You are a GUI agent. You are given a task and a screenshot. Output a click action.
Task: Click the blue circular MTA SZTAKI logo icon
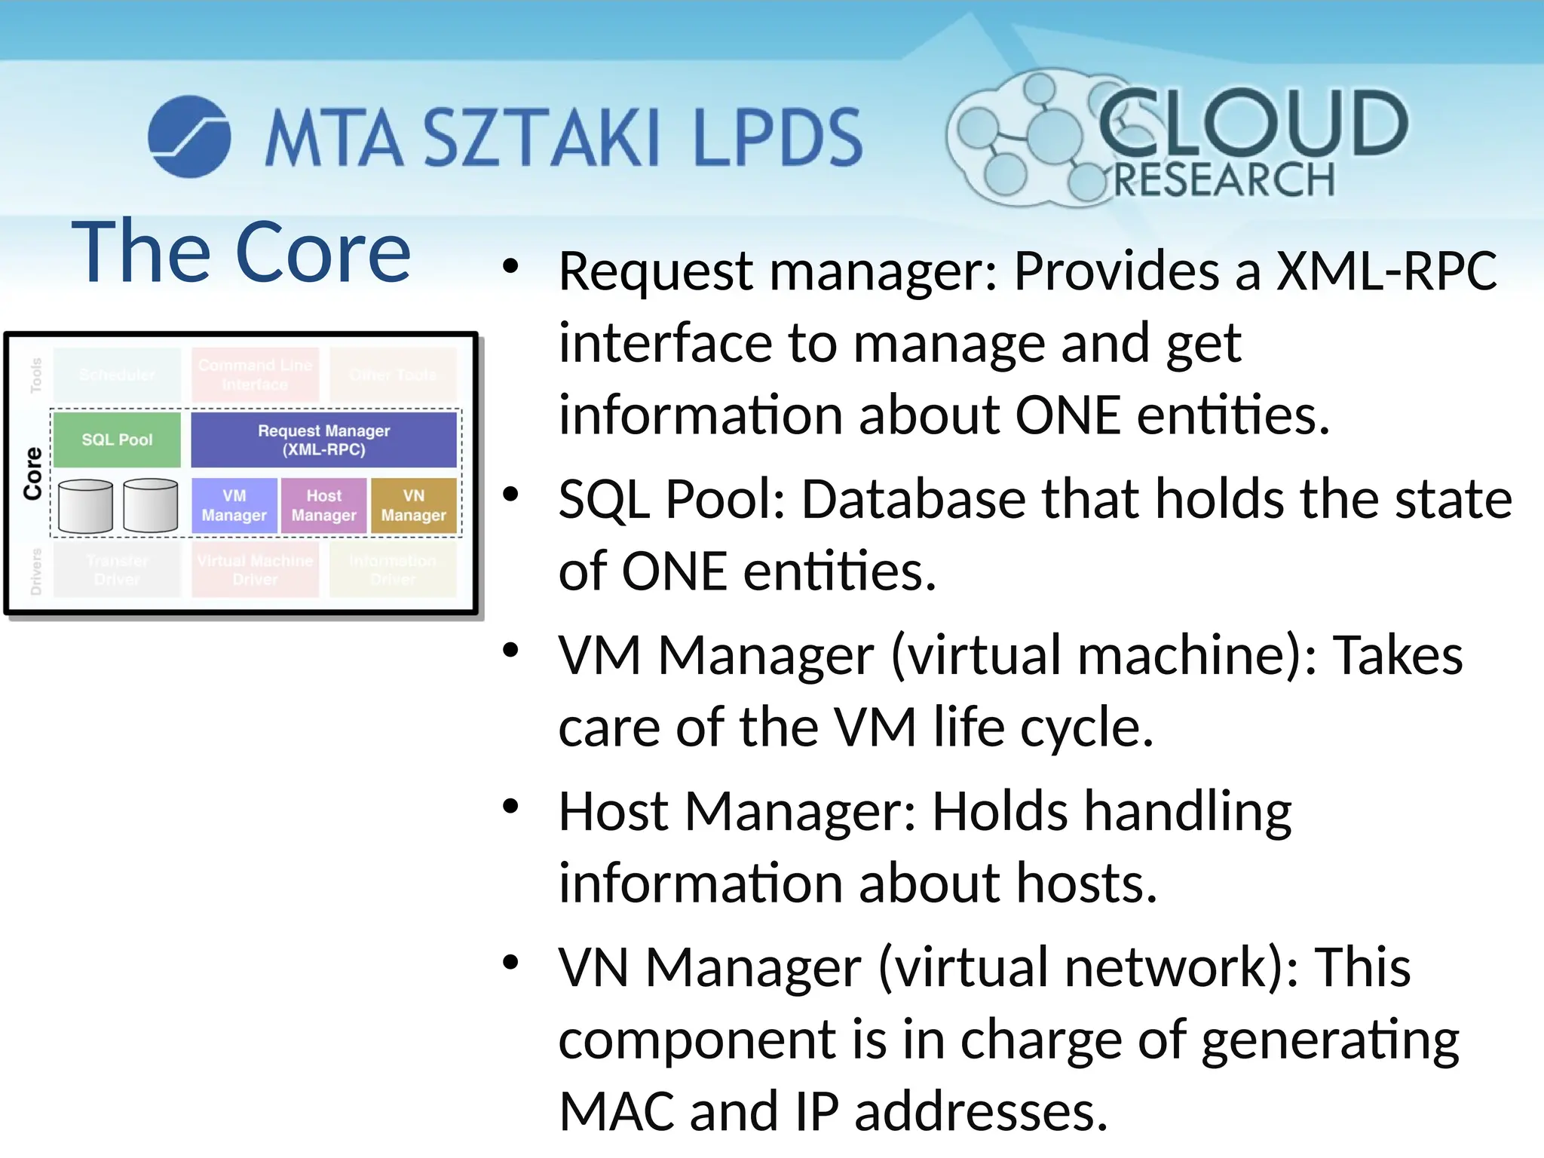tap(189, 136)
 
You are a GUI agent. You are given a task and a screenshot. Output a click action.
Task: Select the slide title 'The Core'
tap(241, 252)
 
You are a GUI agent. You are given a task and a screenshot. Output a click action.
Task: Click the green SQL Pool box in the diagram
tap(117, 440)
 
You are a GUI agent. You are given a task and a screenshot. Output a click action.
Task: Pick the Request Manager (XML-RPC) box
tap(324, 440)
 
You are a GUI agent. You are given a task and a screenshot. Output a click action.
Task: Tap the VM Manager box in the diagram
tap(234, 506)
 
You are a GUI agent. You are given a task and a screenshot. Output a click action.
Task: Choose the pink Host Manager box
tap(324, 506)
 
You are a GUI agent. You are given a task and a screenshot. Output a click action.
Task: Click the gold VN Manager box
tap(414, 506)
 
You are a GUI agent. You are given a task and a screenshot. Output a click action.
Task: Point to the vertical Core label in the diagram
tap(33, 473)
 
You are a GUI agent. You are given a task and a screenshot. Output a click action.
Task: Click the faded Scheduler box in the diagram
tap(117, 375)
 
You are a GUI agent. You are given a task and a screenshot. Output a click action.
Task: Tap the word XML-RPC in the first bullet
tap(1386, 271)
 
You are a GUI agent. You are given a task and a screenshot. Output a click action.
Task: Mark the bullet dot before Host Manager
tap(511, 807)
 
